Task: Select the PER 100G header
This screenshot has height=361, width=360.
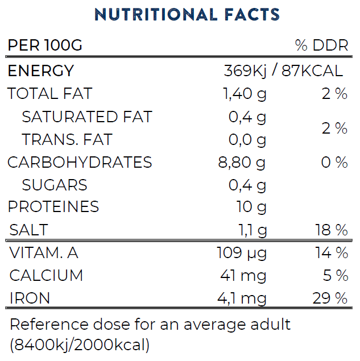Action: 45,45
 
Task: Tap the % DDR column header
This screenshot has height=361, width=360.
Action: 321,45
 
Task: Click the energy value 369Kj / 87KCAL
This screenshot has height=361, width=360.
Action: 283,71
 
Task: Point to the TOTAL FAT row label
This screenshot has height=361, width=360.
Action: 49,94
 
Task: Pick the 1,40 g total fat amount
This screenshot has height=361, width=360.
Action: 245,94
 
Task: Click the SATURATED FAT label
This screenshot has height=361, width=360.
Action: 87,117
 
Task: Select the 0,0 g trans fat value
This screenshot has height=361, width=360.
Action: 247,140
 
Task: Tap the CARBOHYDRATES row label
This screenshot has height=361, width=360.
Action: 80,163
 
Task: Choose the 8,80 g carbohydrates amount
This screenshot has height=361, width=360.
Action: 242,163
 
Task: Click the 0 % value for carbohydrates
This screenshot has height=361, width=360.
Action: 334,163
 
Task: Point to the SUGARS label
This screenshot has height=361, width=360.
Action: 55,185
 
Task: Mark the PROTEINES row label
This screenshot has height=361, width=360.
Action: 53,207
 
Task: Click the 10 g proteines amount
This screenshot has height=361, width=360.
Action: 251,207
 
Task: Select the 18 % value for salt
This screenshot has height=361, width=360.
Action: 331,230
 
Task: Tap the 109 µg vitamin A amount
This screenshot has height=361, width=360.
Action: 242,253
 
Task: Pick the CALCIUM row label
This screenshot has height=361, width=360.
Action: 46,276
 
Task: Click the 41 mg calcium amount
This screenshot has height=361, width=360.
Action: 243,276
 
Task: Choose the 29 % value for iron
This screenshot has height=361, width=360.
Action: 330,298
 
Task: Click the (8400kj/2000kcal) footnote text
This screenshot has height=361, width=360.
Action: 80,345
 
